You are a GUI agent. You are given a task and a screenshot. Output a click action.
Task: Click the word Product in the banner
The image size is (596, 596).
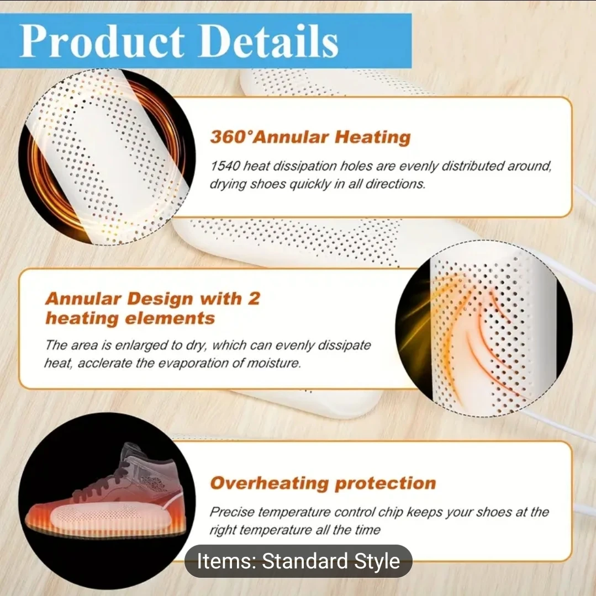(x=102, y=41)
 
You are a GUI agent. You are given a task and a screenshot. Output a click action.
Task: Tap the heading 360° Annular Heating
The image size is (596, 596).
(x=310, y=137)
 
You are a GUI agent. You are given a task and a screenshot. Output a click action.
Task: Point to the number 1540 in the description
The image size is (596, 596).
(x=225, y=166)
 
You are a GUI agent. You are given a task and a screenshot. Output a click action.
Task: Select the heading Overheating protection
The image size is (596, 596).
(x=323, y=483)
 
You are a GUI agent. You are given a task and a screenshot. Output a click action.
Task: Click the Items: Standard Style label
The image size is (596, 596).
(x=299, y=561)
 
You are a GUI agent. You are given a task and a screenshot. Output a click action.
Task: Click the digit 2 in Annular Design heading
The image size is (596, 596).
(x=254, y=299)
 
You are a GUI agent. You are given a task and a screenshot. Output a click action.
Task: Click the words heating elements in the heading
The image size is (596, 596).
(x=130, y=318)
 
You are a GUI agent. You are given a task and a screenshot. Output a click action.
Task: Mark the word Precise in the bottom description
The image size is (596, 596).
(x=232, y=512)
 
